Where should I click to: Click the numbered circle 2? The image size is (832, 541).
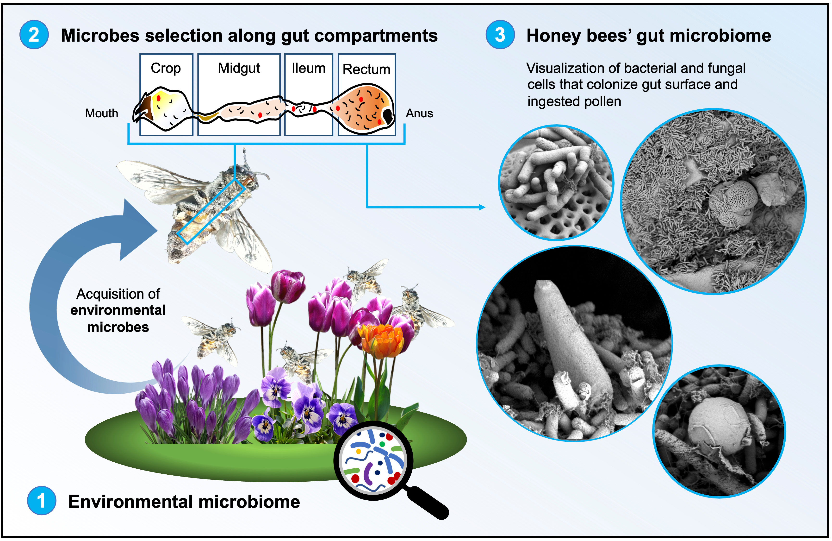[34, 35]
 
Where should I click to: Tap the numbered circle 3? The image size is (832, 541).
[500, 35]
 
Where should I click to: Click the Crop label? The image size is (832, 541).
[166, 68]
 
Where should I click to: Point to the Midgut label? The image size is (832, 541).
[239, 68]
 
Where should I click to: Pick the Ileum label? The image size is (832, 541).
[308, 68]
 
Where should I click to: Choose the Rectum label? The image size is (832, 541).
[366, 69]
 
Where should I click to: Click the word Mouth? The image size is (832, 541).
[101, 113]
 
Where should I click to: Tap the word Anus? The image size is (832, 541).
[419, 113]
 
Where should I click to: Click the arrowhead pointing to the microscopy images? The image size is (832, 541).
[482, 207]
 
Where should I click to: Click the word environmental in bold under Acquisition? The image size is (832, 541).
[118, 310]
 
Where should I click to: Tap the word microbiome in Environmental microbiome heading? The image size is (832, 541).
[249, 502]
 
